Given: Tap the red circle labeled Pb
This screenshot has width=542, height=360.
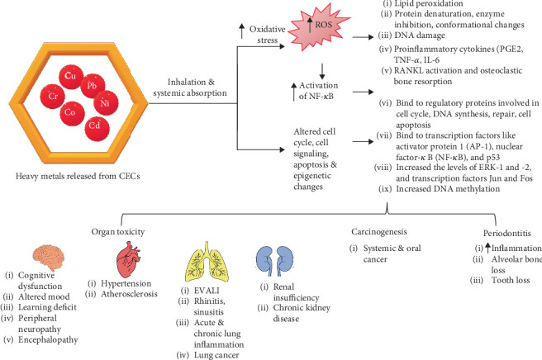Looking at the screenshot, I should pos(93,86).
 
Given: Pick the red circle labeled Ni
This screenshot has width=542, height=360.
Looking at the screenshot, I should pos(106,105).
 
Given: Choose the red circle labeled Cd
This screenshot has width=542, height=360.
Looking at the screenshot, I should pos(97,128).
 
